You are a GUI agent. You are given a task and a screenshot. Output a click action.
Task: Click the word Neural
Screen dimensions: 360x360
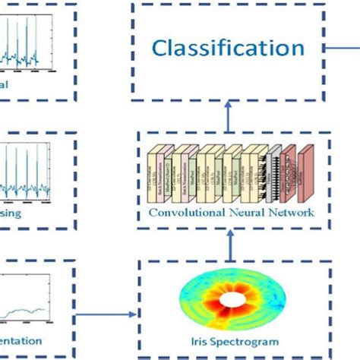247,213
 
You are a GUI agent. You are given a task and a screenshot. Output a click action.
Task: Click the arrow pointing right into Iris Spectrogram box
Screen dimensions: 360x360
106,312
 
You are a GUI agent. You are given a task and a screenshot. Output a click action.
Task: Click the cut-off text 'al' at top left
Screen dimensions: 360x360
5,84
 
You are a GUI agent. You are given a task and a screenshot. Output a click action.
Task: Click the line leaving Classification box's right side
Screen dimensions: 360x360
345,49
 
